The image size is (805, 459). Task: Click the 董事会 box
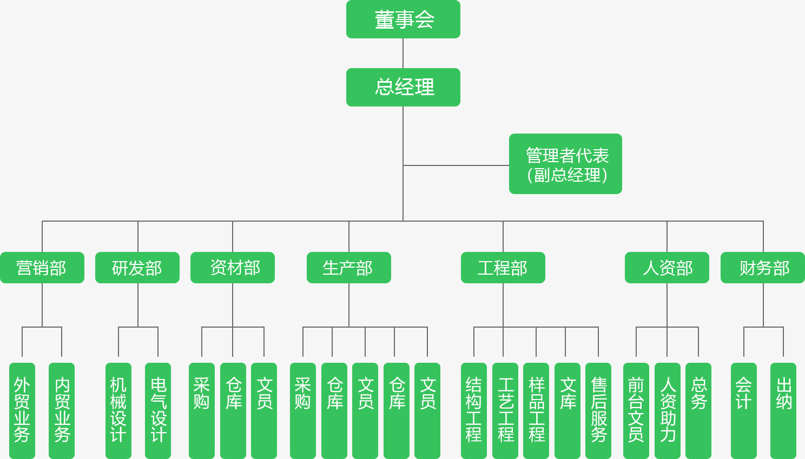coord(403,19)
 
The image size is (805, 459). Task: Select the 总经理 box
coord(403,87)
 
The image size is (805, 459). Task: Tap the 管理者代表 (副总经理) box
coord(565,164)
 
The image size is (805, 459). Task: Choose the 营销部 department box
coord(42,268)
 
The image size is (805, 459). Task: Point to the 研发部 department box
coord(137,268)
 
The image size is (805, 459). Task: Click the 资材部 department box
coord(233,268)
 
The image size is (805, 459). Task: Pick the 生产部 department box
coord(349,268)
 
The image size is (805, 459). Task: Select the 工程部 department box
coord(503,268)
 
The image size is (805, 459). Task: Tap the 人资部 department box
coord(667,268)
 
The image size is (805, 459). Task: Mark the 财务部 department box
coord(763,268)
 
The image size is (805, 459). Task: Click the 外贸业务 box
coord(22,410)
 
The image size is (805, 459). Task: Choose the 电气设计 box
coord(158,410)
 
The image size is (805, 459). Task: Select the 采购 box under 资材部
coord(202,410)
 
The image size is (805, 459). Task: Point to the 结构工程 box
coord(474,410)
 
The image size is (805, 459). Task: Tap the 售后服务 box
coord(598,410)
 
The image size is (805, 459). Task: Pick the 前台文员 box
coord(636,410)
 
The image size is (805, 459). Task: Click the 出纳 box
coord(783,410)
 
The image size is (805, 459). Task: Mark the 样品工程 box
coord(536,410)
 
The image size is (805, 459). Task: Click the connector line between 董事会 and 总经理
coord(403,53)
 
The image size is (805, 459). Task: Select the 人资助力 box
coord(668,410)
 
